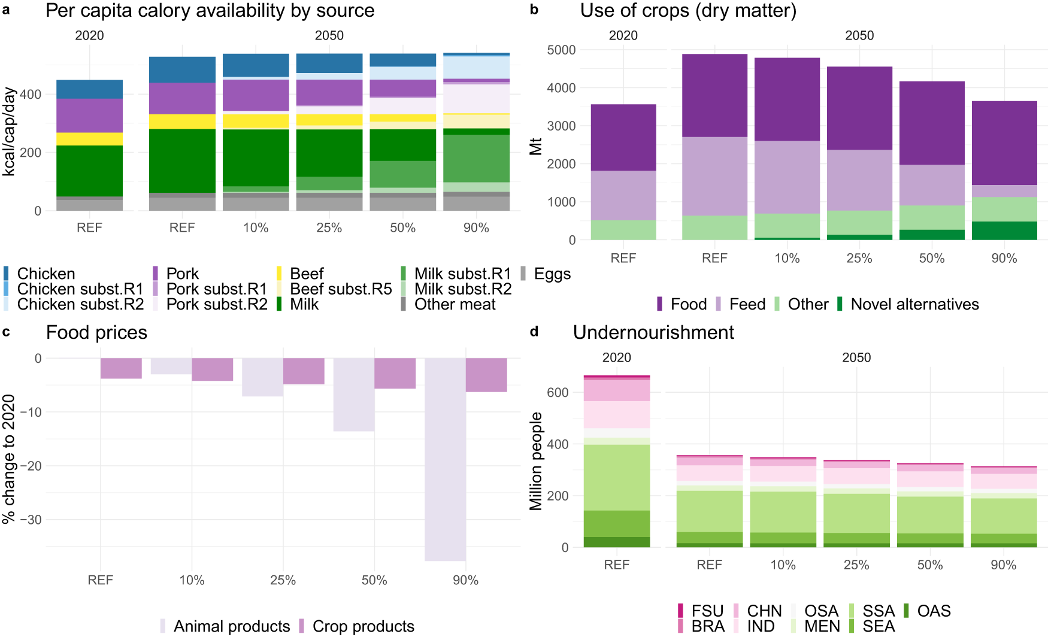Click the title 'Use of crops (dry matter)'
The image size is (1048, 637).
click(x=687, y=11)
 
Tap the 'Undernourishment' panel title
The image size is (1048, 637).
click(x=653, y=332)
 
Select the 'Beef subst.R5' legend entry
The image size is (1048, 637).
click(x=340, y=289)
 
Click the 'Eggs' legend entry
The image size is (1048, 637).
click(x=552, y=274)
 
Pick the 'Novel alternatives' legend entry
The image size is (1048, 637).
click(x=914, y=304)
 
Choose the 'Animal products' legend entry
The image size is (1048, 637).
click(x=231, y=626)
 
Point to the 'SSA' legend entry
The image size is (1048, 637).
click(x=878, y=611)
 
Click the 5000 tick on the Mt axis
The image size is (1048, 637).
click(x=561, y=50)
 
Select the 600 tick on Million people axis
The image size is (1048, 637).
click(x=558, y=393)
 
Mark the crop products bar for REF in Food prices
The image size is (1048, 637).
click(x=121, y=368)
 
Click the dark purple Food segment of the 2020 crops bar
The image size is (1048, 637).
click(x=623, y=138)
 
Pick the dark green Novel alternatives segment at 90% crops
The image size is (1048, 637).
click(x=1004, y=230)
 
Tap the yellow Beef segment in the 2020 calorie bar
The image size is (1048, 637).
click(x=89, y=139)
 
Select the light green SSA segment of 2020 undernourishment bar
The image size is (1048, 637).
click(x=616, y=477)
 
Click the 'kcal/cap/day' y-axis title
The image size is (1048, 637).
click(x=9, y=132)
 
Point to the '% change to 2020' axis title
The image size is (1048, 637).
click(x=9, y=459)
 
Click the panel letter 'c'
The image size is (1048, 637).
click(x=6, y=332)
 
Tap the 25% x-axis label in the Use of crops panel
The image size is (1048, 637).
click(x=859, y=258)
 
